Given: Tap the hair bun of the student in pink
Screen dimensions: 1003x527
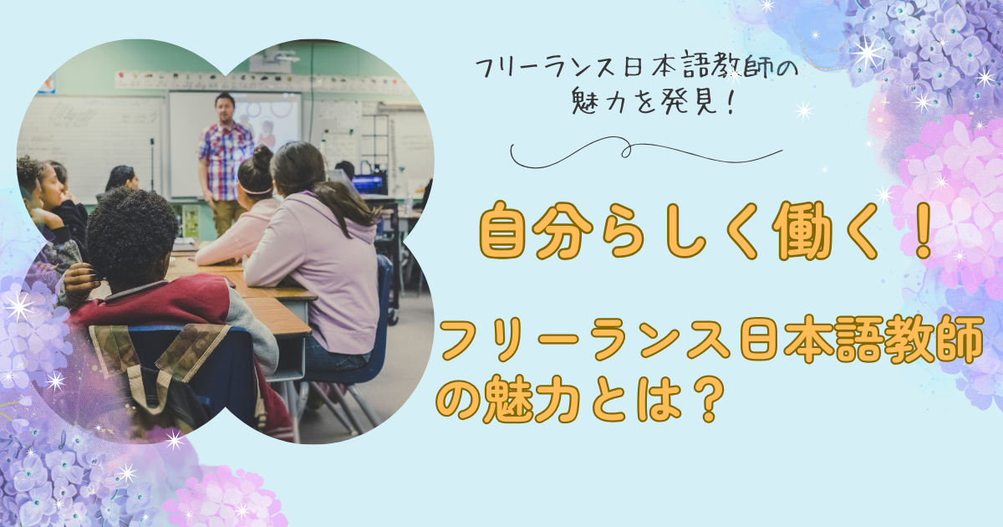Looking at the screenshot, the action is click(x=262, y=157).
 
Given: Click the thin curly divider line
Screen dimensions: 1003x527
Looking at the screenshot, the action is click(x=645, y=152).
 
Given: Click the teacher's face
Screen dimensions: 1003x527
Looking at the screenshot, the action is click(x=223, y=109).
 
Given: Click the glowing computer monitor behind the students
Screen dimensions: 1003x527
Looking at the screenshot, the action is click(x=369, y=184).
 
